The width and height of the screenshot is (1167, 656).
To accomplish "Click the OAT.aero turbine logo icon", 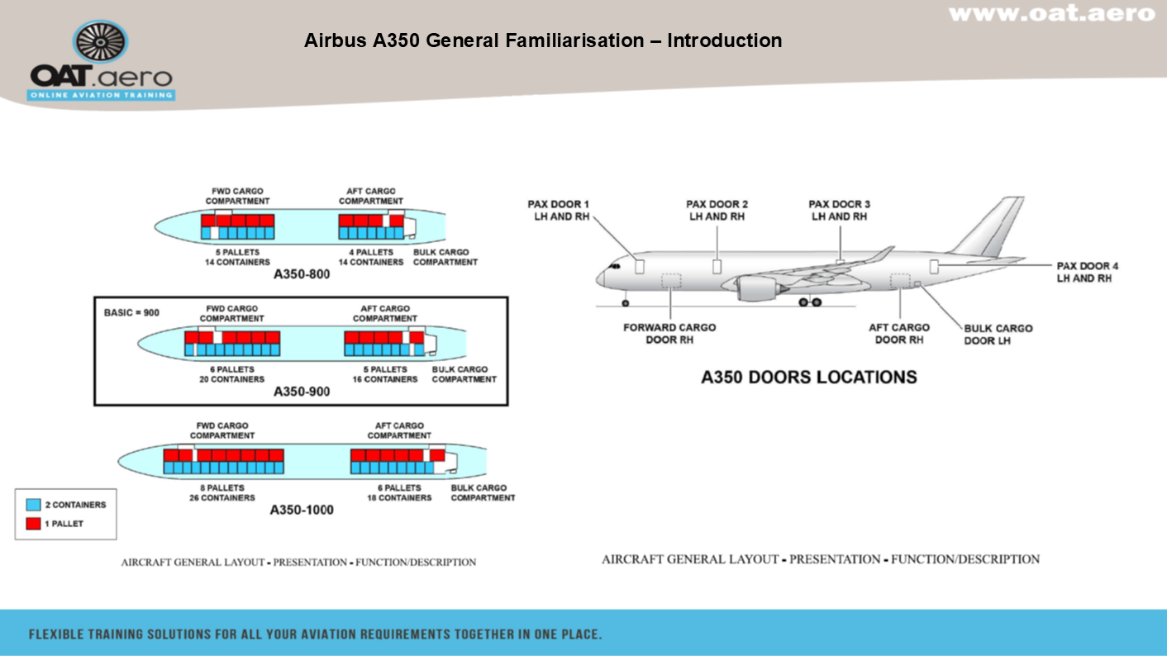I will pyautogui.click(x=100, y=42).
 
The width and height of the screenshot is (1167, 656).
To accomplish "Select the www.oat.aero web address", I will pyautogui.click(x=1050, y=14).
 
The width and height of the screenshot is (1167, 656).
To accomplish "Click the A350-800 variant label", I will pyautogui.click(x=301, y=274).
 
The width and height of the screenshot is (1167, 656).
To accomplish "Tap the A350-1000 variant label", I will pyautogui.click(x=301, y=510).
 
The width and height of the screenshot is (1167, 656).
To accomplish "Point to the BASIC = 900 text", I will pyautogui.click(x=131, y=313).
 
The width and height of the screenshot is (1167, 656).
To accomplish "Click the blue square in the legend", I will pyautogui.click(x=34, y=505).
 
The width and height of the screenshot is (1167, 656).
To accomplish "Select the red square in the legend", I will pyautogui.click(x=34, y=524).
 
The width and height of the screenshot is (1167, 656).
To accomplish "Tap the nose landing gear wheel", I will pyautogui.click(x=625, y=303).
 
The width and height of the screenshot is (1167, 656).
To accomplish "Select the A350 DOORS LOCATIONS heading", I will pyautogui.click(x=808, y=377).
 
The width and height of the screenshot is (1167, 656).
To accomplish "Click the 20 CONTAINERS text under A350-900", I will pyautogui.click(x=231, y=379).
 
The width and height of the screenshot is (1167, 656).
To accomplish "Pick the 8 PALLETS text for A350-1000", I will pyautogui.click(x=221, y=488).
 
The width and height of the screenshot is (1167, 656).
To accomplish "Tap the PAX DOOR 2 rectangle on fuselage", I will pyautogui.click(x=717, y=266).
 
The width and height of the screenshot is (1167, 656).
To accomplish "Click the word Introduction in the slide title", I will pyautogui.click(x=724, y=40).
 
